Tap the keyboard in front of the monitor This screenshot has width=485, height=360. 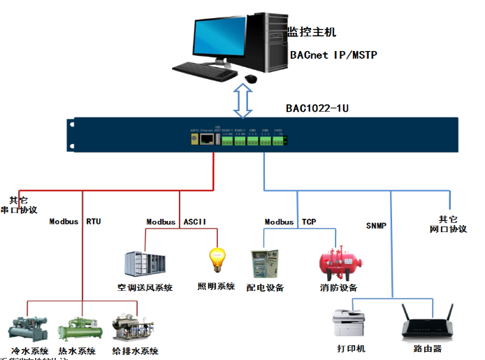tap(205, 70)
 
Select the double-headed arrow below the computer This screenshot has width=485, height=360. tap(244, 99)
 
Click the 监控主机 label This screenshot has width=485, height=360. tap(311, 32)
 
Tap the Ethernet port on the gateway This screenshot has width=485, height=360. tap(208, 139)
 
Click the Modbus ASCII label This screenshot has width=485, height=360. tap(176, 222)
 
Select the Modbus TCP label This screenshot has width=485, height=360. tap(290, 222)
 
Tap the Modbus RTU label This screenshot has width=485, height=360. tap(75, 222)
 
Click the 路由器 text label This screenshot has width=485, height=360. tap(427, 348)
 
